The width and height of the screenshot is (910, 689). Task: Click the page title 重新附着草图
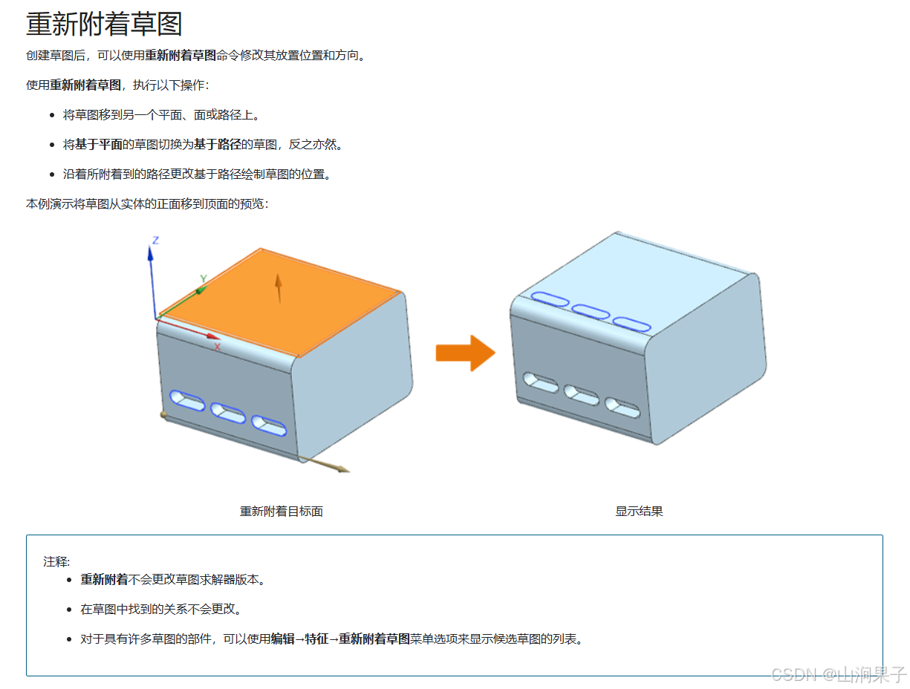[x=104, y=24]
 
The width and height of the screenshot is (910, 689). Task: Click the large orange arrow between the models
[x=465, y=353]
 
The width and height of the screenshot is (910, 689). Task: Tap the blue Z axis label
[x=156, y=240]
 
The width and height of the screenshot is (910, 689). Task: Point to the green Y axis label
[x=203, y=279]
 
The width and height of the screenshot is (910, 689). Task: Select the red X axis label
[x=217, y=347]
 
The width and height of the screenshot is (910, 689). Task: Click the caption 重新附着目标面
[x=281, y=512]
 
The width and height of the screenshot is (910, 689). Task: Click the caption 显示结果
[x=639, y=512]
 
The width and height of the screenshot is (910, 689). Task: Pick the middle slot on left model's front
[x=228, y=413]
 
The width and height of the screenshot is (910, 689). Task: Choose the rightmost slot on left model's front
[x=269, y=425]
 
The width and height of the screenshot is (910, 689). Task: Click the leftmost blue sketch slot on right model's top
[x=550, y=299]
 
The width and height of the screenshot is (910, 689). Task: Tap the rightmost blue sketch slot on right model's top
[x=631, y=324]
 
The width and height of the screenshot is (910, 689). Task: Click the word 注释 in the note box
[x=56, y=561]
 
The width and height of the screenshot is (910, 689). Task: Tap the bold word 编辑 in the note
[x=282, y=639]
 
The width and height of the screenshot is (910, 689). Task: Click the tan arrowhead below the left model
[x=342, y=468]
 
